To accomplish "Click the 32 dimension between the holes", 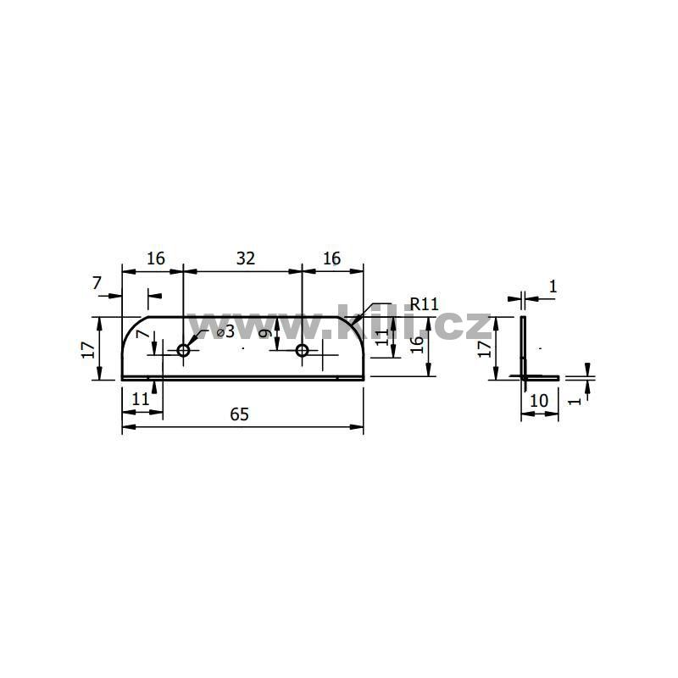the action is [x=246, y=258].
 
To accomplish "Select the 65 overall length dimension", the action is [x=239, y=414].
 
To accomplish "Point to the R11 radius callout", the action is [x=424, y=304].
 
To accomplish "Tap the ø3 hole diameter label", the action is [x=225, y=331].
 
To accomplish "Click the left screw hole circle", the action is [x=183, y=350].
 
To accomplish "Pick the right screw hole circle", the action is [x=302, y=350].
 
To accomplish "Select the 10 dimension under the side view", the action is [x=539, y=401].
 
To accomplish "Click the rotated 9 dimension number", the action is [x=266, y=333].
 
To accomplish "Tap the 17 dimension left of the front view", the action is [x=88, y=350].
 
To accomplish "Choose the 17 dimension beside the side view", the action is [x=485, y=348].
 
